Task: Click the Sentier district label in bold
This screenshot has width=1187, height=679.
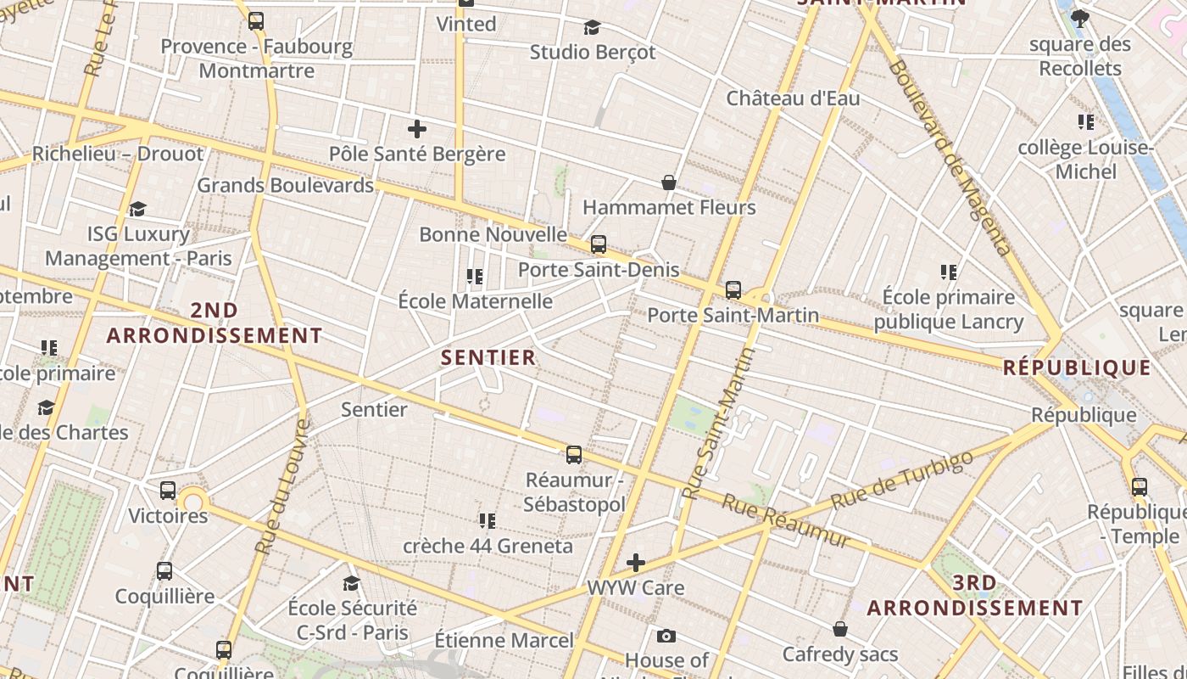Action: coord(489,357)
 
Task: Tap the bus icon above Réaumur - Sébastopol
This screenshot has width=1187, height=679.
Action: coord(574,455)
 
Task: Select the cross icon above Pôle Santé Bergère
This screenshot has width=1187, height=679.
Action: coord(416,129)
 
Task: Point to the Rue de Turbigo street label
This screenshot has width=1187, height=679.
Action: coord(902,481)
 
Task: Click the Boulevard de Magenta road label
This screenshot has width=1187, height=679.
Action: coord(950,158)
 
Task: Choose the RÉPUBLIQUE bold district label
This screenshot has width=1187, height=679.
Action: coord(1077,368)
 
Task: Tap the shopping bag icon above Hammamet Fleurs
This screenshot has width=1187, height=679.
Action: coord(669,182)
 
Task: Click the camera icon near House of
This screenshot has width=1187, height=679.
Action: coord(666,636)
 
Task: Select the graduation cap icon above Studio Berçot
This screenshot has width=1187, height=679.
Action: coord(592,27)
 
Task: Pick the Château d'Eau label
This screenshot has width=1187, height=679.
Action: coord(793,98)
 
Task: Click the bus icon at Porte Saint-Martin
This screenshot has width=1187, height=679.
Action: coord(733,290)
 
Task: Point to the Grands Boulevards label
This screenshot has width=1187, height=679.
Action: coord(285,185)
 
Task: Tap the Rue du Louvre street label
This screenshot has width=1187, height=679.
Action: coord(282,487)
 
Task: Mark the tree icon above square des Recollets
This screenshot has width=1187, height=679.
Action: coord(1079,18)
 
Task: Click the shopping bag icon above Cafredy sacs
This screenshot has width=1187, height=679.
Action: coord(839,629)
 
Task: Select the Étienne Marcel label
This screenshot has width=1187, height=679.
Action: coord(504,640)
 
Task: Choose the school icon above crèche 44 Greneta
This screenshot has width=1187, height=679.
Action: coord(487,520)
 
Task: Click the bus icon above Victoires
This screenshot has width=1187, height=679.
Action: coord(168,490)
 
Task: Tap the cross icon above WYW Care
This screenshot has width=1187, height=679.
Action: coord(635,562)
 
